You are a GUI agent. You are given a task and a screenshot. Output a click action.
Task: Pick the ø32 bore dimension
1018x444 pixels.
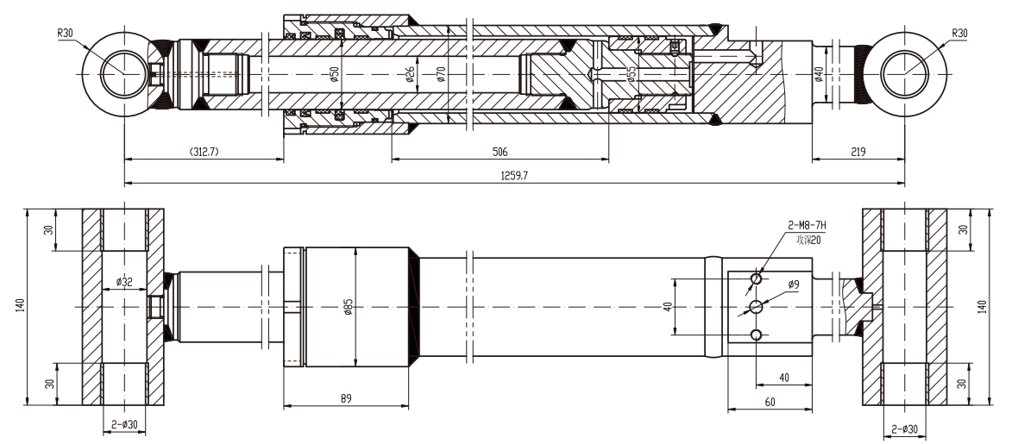125,280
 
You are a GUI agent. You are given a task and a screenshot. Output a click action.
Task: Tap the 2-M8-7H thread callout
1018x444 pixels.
807,225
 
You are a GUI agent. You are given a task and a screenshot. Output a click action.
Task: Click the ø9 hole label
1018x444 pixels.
794,284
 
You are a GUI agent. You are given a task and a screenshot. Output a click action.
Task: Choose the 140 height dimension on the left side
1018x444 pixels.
19,305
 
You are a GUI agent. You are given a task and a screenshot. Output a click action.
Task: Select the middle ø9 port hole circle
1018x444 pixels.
757,307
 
